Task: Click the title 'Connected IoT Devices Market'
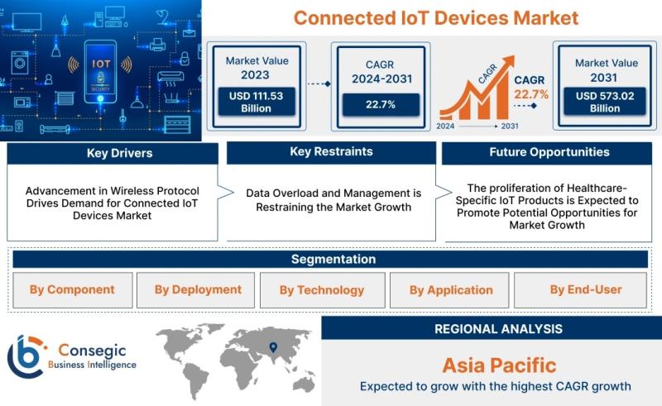point(436,18)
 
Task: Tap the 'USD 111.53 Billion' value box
point(257,102)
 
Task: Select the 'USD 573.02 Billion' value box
point(605,102)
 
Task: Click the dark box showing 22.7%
point(381,105)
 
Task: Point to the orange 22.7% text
point(531,94)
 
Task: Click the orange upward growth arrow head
point(508,61)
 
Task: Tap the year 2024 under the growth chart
point(445,126)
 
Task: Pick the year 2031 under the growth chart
point(510,126)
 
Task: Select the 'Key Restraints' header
point(332,152)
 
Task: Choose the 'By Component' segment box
point(73,290)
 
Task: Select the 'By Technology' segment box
point(323,290)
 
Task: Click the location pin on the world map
point(274,347)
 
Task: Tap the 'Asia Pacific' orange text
point(500,365)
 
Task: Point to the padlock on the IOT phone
point(100,78)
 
